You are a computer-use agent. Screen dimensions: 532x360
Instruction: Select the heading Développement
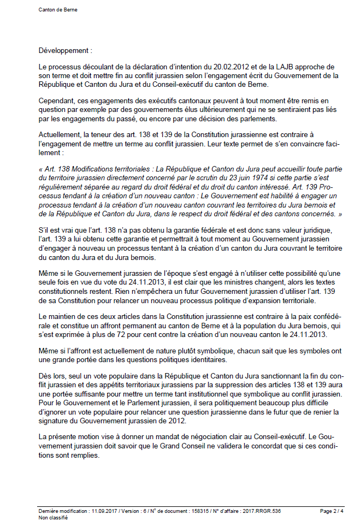(62, 51)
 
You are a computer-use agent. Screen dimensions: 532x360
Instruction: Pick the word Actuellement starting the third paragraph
(61, 135)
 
